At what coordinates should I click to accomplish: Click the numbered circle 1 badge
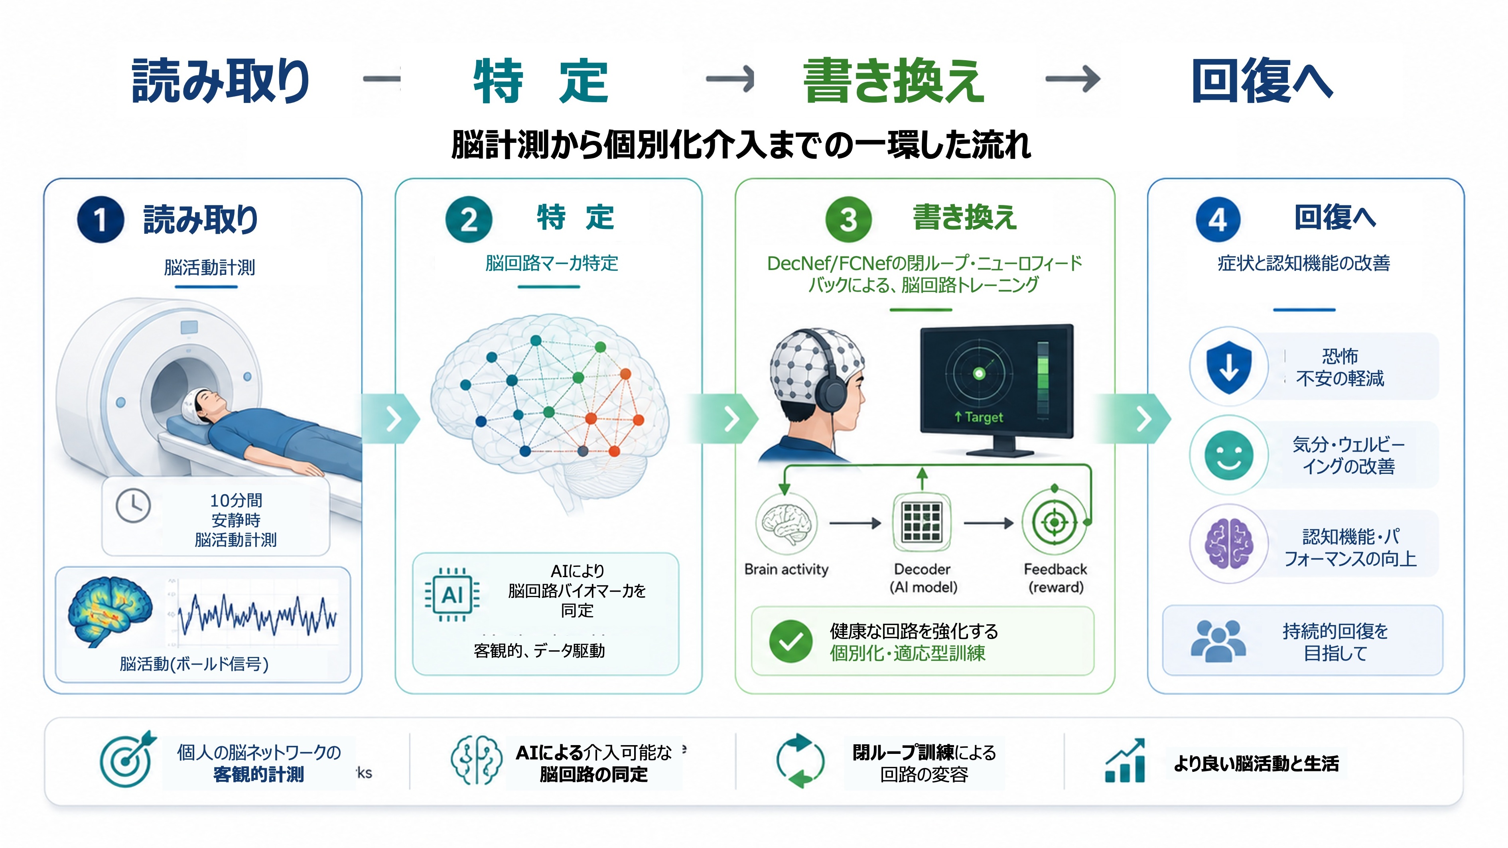click(x=100, y=220)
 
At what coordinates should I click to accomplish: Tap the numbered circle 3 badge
click(x=848, y=220)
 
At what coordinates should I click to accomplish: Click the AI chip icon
click(x=452, y=594)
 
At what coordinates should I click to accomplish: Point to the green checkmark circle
click(x=790, y=641)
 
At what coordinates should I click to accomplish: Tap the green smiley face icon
click(x=1229, y=455)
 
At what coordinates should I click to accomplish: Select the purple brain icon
click(x=1229, y=544)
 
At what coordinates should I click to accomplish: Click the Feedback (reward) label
click(x=1055, y=578)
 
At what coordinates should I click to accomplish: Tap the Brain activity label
click(x=786, y=569)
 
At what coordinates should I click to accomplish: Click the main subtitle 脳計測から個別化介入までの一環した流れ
click(x=741, y=145)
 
